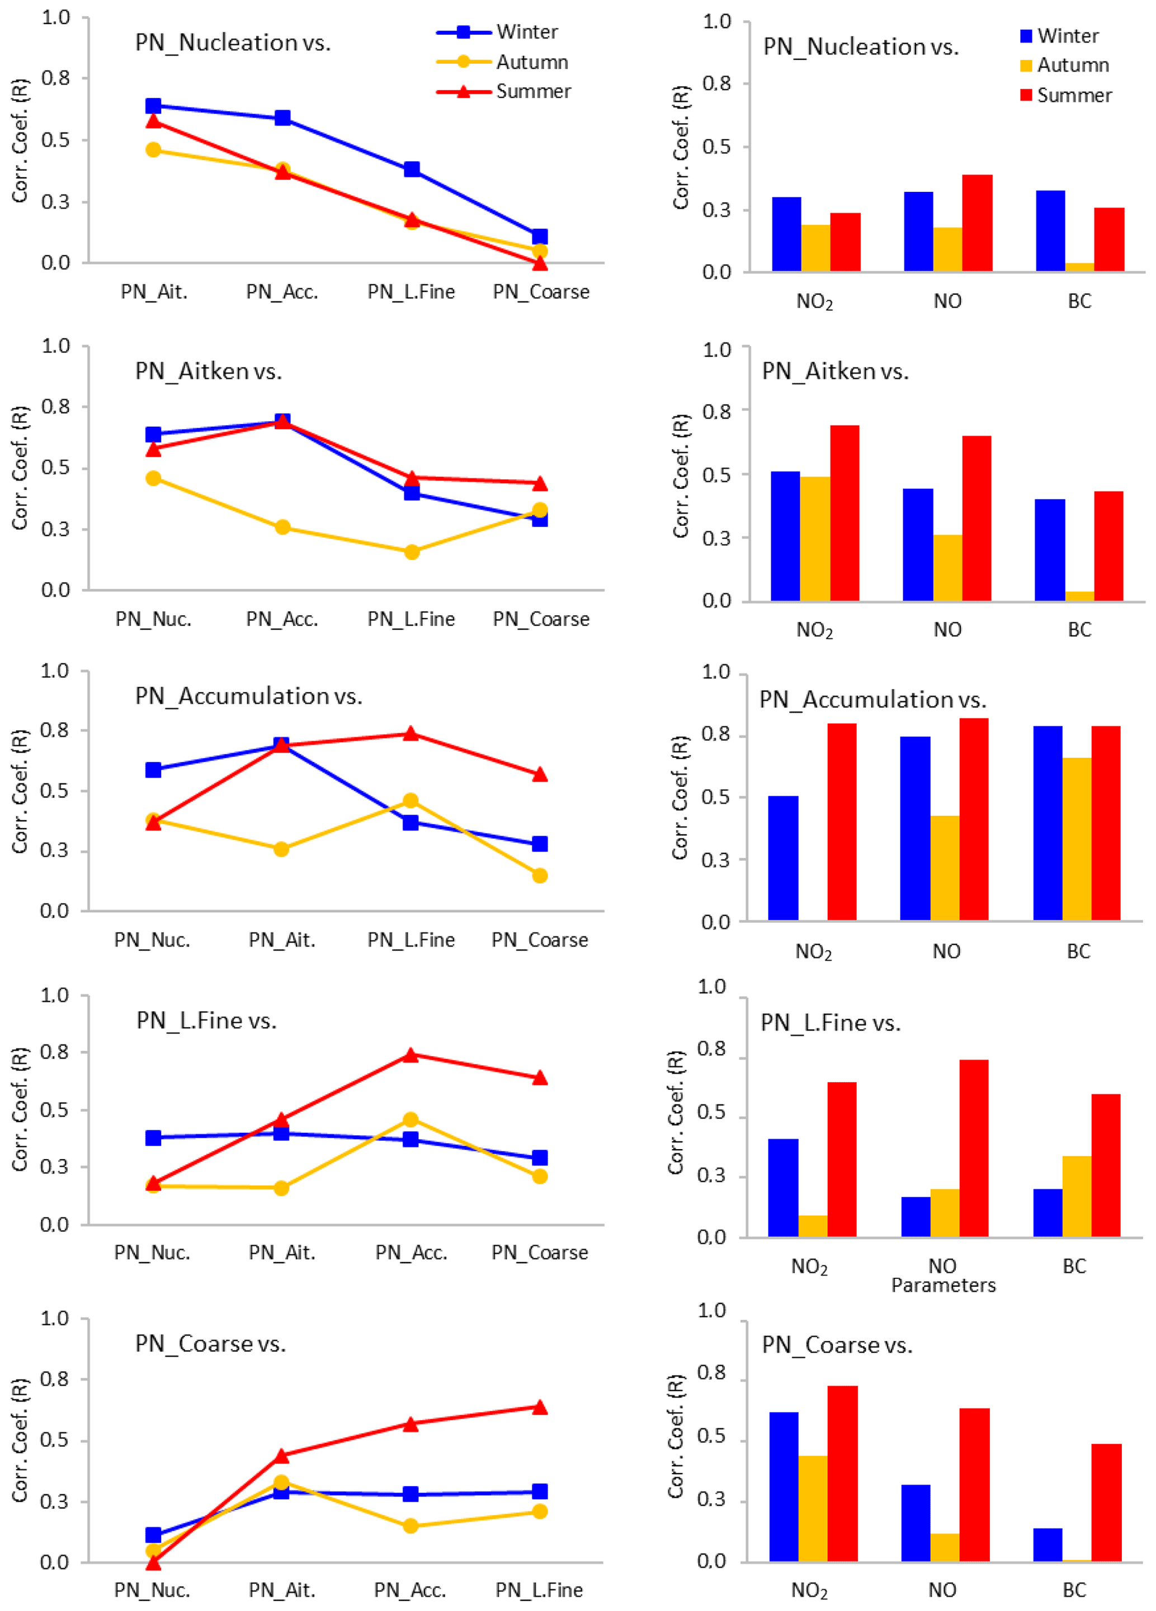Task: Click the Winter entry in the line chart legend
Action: pos(526,32)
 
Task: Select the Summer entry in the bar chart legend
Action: pos(1074,95)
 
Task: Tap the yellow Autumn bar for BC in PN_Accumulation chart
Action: pos(1077,839)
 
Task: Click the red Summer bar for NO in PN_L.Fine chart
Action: pos(973,1149)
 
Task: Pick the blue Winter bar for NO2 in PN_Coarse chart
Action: pos(784,1487)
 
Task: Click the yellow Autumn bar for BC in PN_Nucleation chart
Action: pos(1079,267)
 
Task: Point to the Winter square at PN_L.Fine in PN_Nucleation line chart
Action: pos(412,169)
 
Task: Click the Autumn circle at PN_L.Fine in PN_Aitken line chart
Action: pos(412,552)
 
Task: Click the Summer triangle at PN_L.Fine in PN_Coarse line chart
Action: pos(540,1407)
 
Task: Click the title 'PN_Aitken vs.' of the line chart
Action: pos(208,371)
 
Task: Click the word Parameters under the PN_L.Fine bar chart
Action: pos(943,1285)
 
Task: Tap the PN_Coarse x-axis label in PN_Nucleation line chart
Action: pos(541,292)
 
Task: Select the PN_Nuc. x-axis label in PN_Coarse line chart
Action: pos(152,1590)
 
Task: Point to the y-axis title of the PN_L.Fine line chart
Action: pos(20,1109)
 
